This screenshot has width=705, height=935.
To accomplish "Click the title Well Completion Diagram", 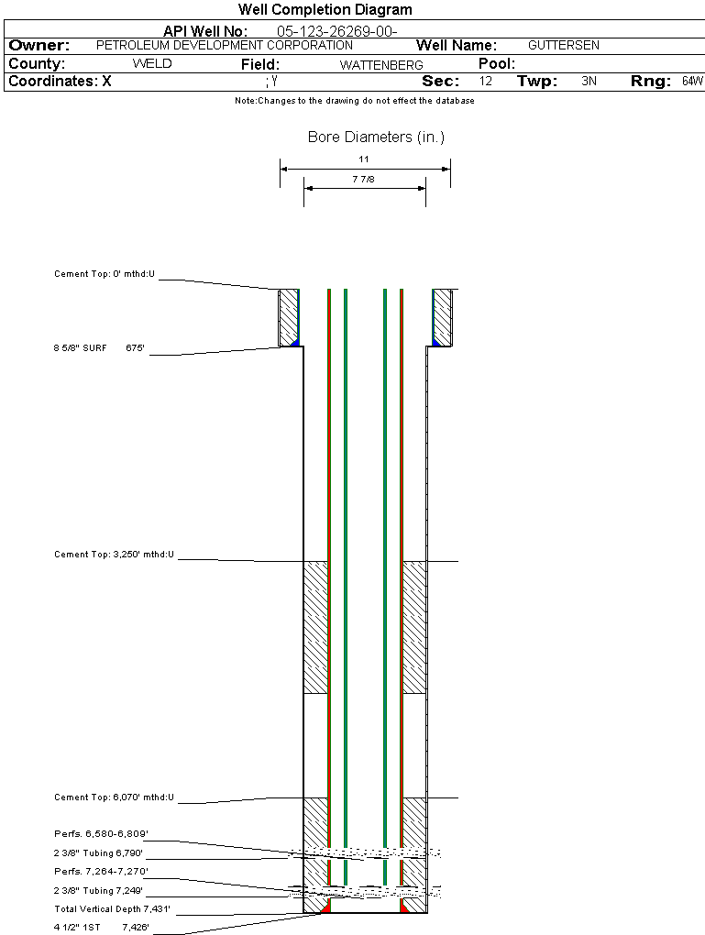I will click(x=325, y=10).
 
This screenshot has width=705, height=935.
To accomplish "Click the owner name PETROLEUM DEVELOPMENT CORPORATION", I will click(x=225, y=45).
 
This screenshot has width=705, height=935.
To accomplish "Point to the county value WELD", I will click(x=152, y=64).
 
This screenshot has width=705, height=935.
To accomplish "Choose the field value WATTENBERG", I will click(x=381, y=65).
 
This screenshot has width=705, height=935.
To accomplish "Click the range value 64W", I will click(x=692, y=82).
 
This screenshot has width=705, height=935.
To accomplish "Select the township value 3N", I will click(x=589, y=82).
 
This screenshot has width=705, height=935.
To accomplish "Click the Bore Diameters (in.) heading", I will click(x=376, y=137).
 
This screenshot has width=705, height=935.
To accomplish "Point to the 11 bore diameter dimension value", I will click(x=364, y=159).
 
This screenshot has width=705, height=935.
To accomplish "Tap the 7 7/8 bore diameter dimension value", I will click(x=364, y=180).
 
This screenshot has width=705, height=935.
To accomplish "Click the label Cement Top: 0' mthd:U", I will click(x=105, y=274).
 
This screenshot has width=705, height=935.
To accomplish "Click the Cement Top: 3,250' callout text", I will click(x=114, y=555).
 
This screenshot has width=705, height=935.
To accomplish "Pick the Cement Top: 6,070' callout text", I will click(x=114, y=797).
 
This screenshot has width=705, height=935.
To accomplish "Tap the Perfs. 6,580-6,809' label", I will click(x=101, y=834).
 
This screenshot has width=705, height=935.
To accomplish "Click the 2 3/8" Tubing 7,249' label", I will click(x=98, y=890).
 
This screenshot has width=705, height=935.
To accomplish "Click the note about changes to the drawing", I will click(x=355, y=101).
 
